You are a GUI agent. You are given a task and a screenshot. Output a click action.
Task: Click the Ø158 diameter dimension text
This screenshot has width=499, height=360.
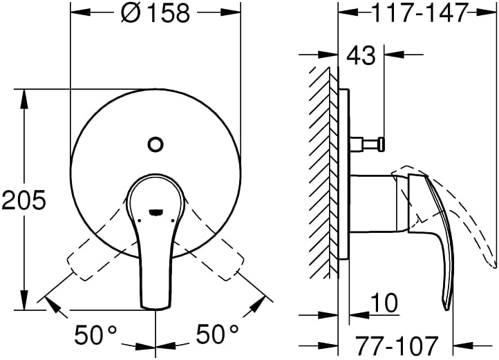pos(156,13)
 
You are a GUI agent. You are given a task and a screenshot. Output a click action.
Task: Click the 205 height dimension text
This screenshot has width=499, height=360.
pos(24,200)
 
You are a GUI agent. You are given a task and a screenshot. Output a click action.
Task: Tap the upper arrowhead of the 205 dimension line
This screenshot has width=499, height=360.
pos(26,94)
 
